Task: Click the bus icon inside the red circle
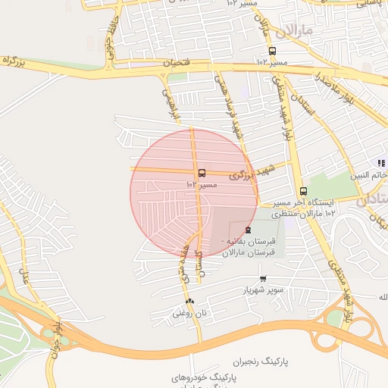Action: coord(201,173)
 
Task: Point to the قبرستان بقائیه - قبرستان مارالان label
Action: coord(250,246)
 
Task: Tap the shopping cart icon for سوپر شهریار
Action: coord(263,279)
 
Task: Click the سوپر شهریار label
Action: coord(262,290)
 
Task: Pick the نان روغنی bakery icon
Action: coord(189,302)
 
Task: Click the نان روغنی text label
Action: coord(189,312)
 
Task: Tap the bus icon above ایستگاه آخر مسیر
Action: coord(303,191)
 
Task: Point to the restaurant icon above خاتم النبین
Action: coord(382,163)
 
